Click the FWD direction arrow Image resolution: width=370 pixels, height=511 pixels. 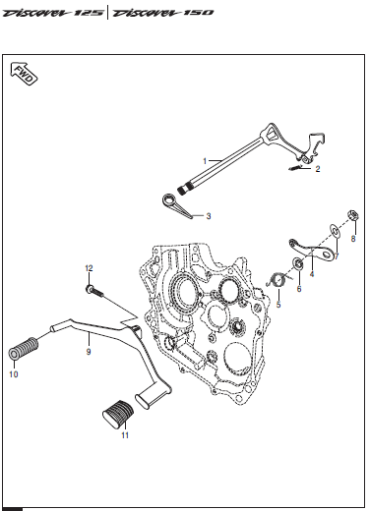click(24, 74)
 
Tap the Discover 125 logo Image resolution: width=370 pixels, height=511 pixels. click(53, 13)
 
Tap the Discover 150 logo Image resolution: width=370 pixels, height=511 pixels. click(162, 13)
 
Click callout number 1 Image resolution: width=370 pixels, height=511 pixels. click(205, 161)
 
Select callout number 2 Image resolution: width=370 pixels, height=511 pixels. click(318, 169)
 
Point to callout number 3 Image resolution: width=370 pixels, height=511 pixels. click(209, 216)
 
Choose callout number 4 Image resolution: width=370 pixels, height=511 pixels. click(312, 274)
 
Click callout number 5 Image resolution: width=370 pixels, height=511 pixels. click(278, 305)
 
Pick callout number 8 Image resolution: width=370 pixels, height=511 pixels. click(353, 239)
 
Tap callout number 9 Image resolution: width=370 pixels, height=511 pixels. click(89, 352)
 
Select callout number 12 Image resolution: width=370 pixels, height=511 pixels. click(89, 268)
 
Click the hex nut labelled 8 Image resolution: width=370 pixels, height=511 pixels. click(353, 215)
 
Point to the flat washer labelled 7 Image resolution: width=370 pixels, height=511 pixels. click(335, 231)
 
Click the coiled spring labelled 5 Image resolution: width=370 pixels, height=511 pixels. click(279, 280)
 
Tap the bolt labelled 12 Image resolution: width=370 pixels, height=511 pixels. click(94, 291)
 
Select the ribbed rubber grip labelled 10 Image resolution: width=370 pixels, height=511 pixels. click(23, 349)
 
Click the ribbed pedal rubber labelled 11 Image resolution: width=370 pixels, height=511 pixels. click(118, 414)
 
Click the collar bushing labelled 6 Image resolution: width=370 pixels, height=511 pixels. click(298, 263)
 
